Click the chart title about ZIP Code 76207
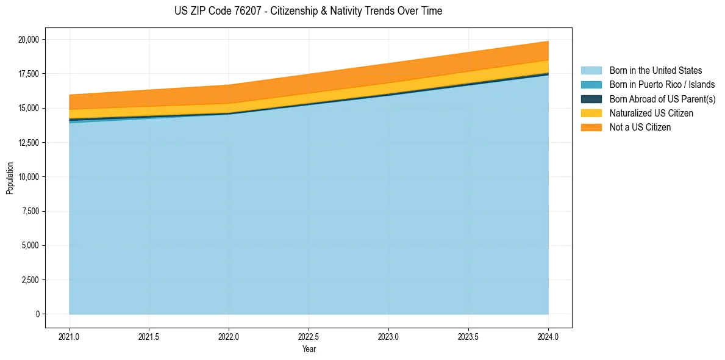(309, 11)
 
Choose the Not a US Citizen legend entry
(640, 128)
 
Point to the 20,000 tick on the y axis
(29, 40)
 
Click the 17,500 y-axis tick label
(29, 74)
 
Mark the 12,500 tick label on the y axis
(29, 143)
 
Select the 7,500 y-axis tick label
(30, 211)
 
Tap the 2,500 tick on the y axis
(30, 280)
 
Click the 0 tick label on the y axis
(37, 314)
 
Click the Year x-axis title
(309, 350)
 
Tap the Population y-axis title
(10, 178)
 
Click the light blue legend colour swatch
(591, 71)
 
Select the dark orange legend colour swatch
(591, 128)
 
